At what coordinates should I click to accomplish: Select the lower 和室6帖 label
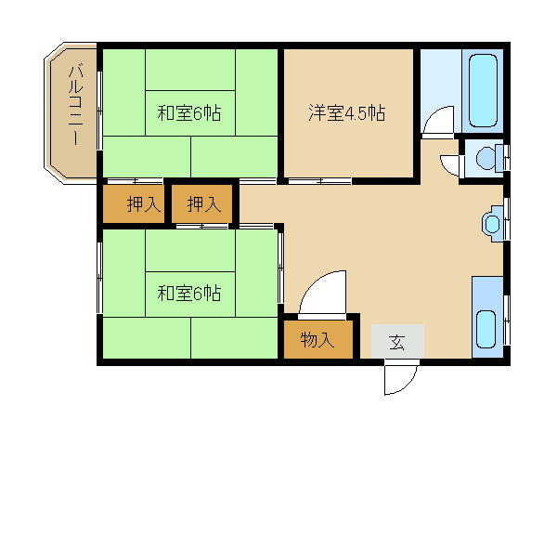(188, 294)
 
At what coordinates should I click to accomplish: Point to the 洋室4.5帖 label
(347, 113)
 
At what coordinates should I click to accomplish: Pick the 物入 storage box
(317, 340)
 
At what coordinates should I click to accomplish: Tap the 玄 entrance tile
(397, 342)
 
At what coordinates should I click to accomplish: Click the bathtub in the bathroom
(485, 91)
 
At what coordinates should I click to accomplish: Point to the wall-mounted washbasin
(492, 223)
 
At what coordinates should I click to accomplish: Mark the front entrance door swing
(399, 377)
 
